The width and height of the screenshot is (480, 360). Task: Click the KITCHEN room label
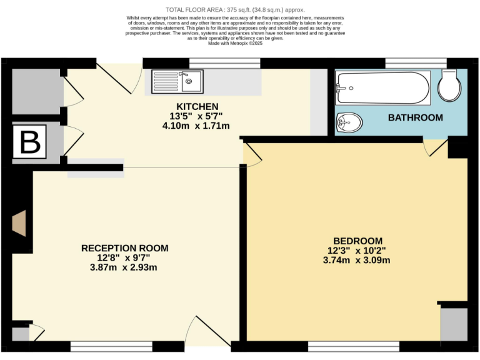197,106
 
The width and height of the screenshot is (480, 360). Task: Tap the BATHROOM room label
415,117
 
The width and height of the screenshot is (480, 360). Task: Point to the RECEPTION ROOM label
124,248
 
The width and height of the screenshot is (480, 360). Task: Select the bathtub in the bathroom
382,88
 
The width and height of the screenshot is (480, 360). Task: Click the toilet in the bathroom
450,85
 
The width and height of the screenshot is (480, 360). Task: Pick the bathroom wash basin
347,122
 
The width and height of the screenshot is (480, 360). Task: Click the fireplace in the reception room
19,223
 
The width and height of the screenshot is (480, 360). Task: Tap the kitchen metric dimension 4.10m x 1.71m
196,126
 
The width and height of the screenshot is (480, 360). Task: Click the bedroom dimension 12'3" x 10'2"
357,251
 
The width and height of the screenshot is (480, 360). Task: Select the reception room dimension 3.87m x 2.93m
123,267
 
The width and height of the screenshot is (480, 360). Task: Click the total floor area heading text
235,9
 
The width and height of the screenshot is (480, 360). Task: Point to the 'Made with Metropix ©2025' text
235,42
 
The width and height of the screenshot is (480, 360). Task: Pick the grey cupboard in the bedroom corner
453,324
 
